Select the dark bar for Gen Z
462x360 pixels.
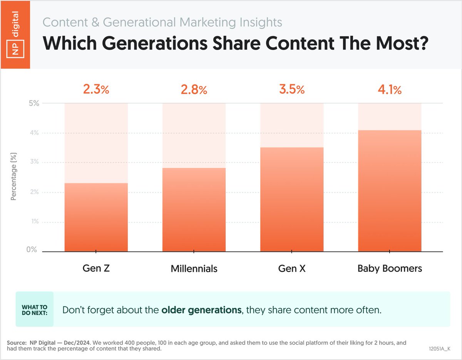(96, 217)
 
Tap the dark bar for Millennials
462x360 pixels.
(194, 210)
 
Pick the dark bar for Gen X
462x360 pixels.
(292, 199)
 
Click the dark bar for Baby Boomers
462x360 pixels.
(390, 191)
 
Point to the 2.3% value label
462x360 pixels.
(96, 90)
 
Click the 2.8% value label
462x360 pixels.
(194, 90)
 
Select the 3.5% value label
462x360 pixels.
(291, 90)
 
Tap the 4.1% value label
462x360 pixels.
(389, 90)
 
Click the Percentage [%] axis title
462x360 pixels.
(14, 177)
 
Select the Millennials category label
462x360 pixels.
(194, 268)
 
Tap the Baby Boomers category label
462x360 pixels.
(390, 268)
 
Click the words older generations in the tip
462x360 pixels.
(201, 310)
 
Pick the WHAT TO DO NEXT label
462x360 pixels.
(35, 310)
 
